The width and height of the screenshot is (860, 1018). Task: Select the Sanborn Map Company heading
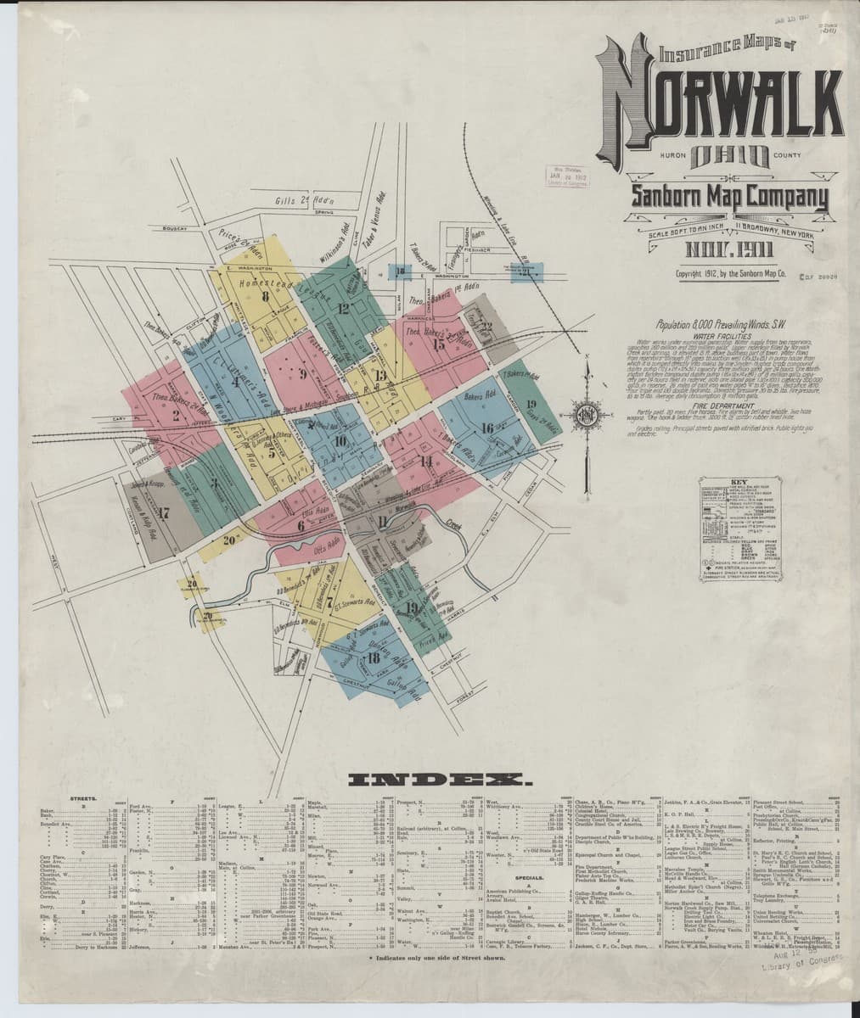click(x=728, y=198)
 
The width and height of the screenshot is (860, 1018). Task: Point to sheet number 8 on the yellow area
click(x=266, y=296)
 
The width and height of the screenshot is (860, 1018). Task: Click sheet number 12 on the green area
click(x=343, y=308)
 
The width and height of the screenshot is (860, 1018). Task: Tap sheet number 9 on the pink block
click(x=301, y=372)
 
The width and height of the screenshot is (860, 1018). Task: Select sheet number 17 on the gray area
click(x=164, y=512)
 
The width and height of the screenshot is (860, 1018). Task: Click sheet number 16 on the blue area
click(x=487, y=428)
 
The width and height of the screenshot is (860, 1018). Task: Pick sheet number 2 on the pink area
click(x=175, y=415)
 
